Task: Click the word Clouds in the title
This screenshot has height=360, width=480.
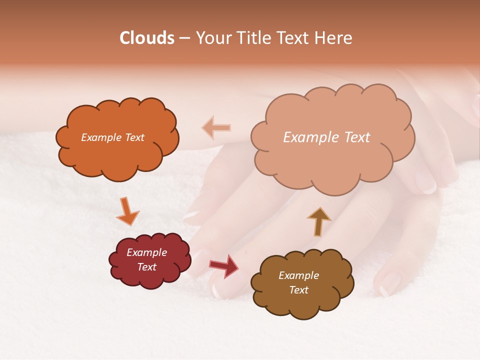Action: coord(147,38)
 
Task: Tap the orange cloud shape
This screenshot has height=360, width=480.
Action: coord(117,155)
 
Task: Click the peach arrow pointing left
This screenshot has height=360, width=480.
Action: coord(216,127)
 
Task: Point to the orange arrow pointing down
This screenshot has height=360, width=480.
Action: coord(127,210)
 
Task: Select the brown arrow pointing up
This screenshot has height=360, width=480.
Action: coord(319,221)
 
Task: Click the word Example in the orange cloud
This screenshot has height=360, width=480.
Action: coord(101,137)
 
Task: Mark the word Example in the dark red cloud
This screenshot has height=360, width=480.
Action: coord(147,252)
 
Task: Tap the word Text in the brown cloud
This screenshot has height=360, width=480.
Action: coord(299,290)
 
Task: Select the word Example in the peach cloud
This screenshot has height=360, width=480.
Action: coord(310,137)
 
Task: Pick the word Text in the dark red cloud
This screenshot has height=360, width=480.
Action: coord(147,267)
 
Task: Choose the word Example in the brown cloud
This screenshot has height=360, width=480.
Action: coord(299,275)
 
